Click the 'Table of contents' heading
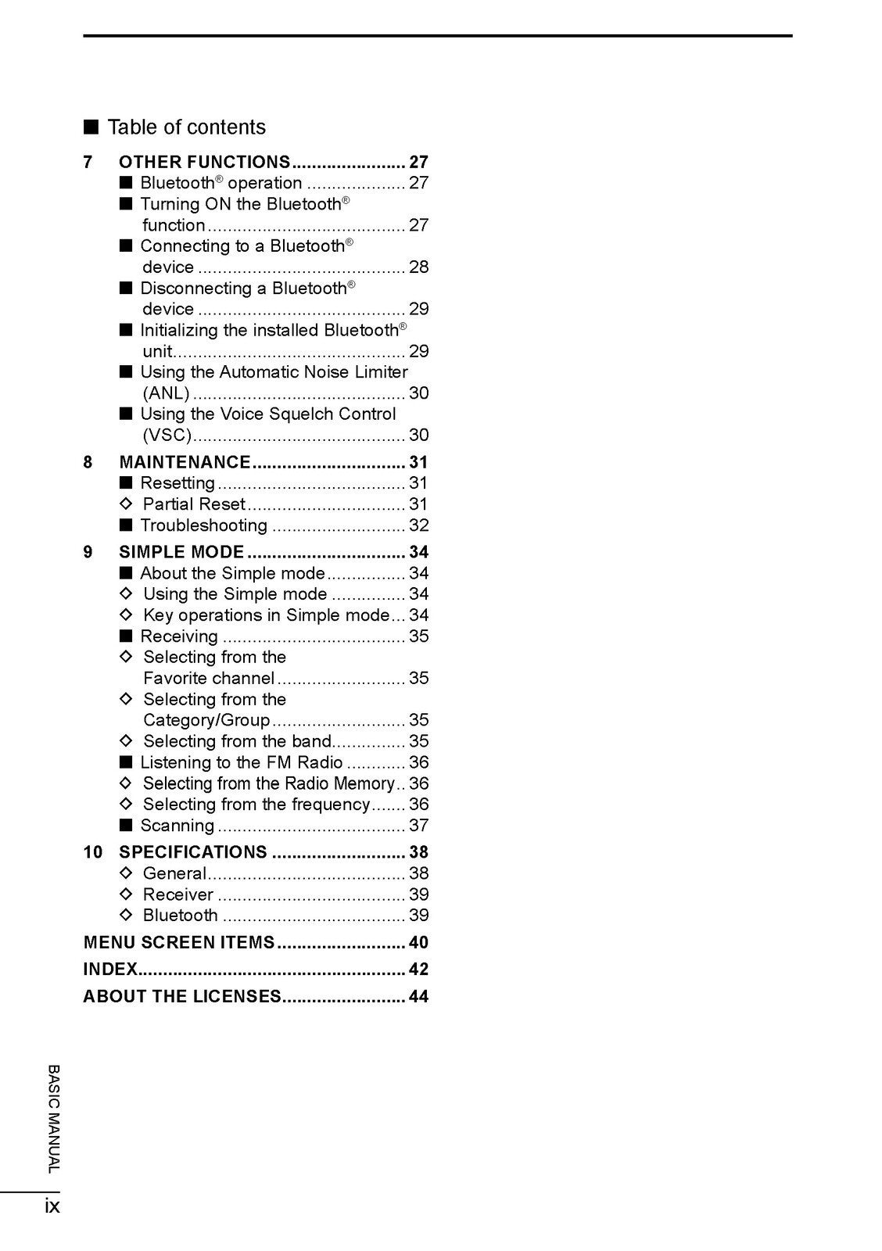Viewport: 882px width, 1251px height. click(x=186, y=127)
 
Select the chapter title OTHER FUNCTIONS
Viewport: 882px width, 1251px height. click(x=204, y=163)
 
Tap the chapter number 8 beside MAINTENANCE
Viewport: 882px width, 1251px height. click(x=88, y=463)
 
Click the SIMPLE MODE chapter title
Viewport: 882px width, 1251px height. click(x=181, y=553)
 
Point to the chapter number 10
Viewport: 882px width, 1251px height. click(x=92, y=852)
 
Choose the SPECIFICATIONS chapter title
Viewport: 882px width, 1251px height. click(x=192, y=852)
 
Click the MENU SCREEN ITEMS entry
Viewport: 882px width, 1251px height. click(x=179, y=943)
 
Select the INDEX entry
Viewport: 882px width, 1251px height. click(x=110, y=970)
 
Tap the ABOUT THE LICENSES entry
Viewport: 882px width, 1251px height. click(x=182, y=997)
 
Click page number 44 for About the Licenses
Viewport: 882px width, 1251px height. click(x=418, y=997)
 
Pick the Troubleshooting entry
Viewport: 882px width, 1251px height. click(x=203, y=526)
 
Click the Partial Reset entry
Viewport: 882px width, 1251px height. click(x=194, y=505)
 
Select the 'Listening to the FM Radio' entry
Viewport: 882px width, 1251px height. click(x=241, y=763)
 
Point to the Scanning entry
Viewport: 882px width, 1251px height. click(x=177, y=826)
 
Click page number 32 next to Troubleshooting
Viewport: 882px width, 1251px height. click(x=418, y=526)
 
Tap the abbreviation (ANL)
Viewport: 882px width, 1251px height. click(x=166, y=394)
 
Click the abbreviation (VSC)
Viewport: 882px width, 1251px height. click(x=167, y=436)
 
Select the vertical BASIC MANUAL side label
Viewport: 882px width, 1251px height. click(x=53, y=1119)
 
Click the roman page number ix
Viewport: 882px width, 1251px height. click(x=52, y=1206)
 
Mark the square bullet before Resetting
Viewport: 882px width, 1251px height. click(x=127, y=484)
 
